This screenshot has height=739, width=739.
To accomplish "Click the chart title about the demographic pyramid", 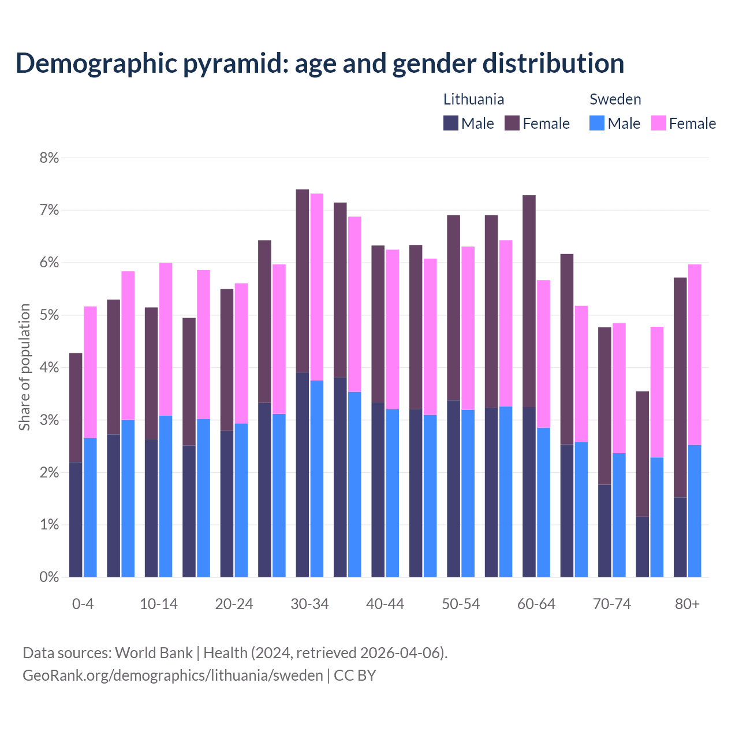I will point(320,63).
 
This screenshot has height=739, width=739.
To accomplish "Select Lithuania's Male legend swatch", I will point(451,123).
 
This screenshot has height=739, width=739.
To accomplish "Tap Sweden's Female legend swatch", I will point(658,123).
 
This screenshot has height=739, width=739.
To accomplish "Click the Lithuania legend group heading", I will point(473,99).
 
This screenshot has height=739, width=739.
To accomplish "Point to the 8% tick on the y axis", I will point(49,158).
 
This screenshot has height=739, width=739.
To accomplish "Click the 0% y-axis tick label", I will point(49,577).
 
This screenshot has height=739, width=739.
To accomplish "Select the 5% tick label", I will point(49,315).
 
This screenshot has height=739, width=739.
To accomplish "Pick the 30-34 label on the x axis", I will point(309,604).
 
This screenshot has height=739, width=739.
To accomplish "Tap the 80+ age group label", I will point(687,604).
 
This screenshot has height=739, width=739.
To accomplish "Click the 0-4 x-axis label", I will point(83,604).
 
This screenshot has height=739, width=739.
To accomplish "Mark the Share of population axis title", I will point(24,367).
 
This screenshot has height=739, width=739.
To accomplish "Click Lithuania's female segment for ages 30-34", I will point(303,281).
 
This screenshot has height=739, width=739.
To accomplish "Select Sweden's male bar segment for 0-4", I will point(90,507).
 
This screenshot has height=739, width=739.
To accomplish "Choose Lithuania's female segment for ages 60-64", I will point(529,301).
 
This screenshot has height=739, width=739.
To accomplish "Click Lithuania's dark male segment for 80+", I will point(680,537).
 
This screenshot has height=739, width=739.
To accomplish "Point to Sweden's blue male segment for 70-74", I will point(619,515).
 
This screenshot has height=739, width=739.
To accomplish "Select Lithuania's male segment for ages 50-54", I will point(454,488).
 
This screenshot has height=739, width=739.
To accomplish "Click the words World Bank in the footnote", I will point(154,653).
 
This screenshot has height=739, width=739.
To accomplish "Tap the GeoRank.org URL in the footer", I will point(173,675).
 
